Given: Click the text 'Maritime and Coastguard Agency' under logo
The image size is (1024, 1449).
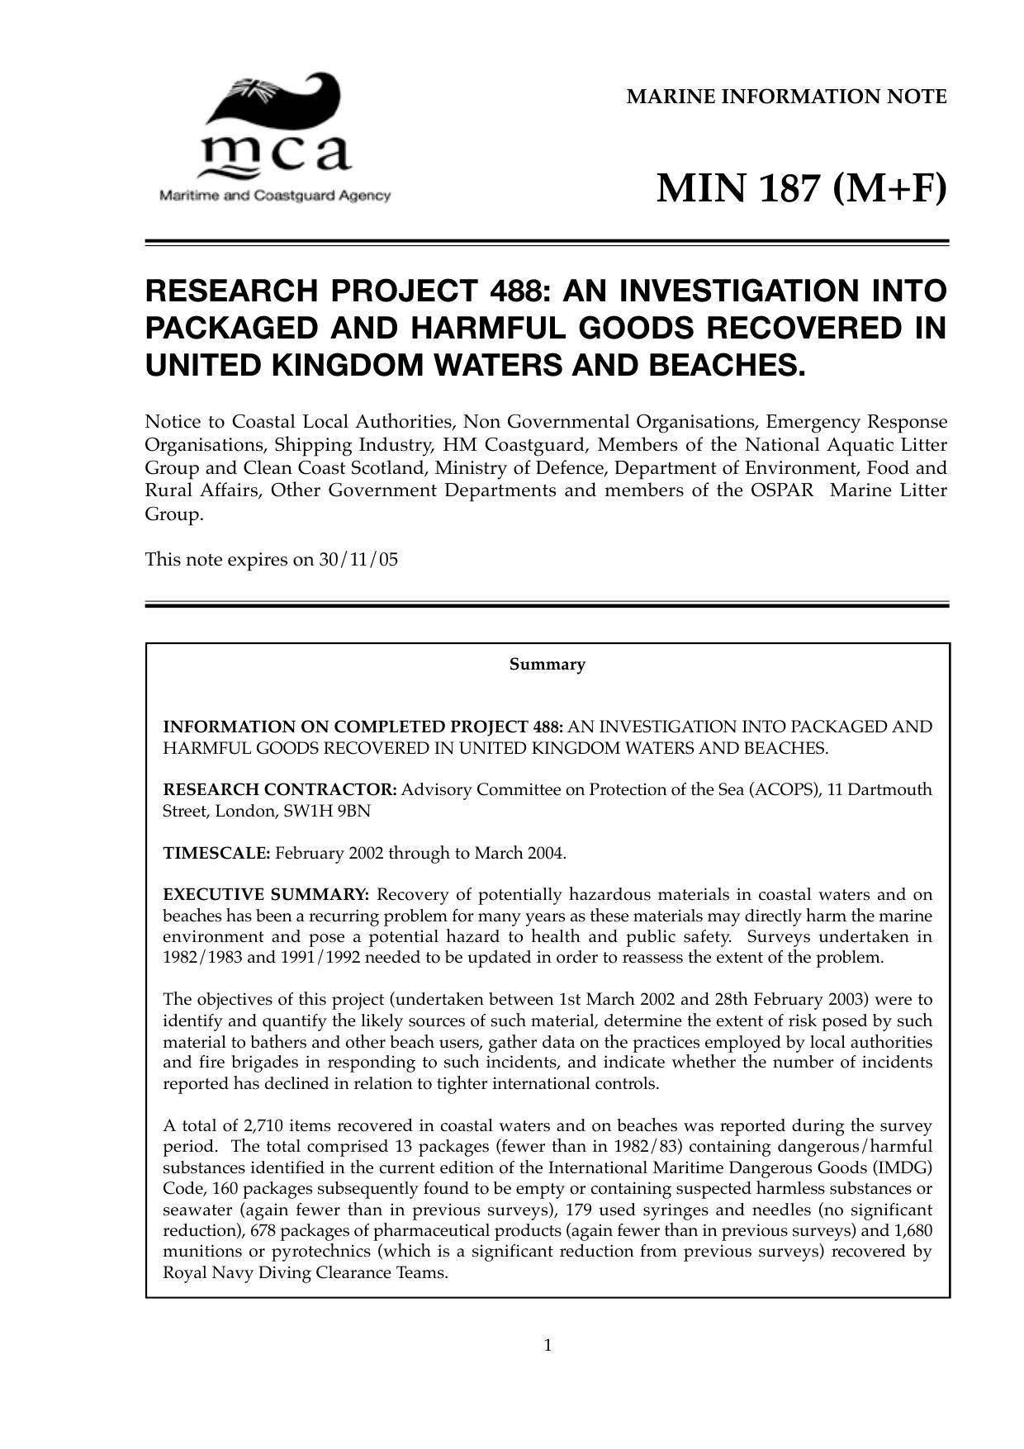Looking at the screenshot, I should coord(274,197).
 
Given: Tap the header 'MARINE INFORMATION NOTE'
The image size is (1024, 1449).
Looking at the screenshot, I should coord(786,97).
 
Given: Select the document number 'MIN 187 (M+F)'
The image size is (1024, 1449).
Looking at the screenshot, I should coord(801,189).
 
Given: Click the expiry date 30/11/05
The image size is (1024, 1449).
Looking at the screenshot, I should coord(358,560).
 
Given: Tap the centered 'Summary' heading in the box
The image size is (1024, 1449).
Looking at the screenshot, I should coord(547,665).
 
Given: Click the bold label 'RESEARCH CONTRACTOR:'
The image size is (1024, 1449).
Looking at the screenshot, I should coord(280,790).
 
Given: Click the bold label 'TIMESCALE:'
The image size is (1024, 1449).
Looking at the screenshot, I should coord(216,853).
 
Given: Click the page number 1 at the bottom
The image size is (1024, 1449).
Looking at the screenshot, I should coord(548,1347).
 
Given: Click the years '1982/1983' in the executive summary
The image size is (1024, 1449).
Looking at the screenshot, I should coord(199,958).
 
